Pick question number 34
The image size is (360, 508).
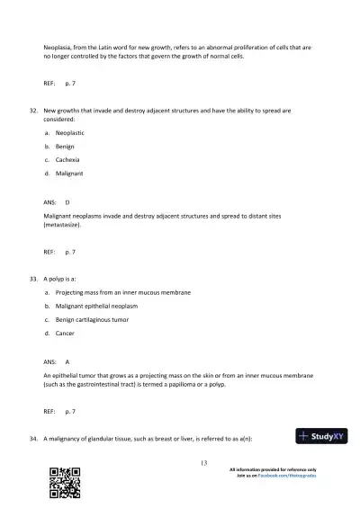point(33,438)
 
